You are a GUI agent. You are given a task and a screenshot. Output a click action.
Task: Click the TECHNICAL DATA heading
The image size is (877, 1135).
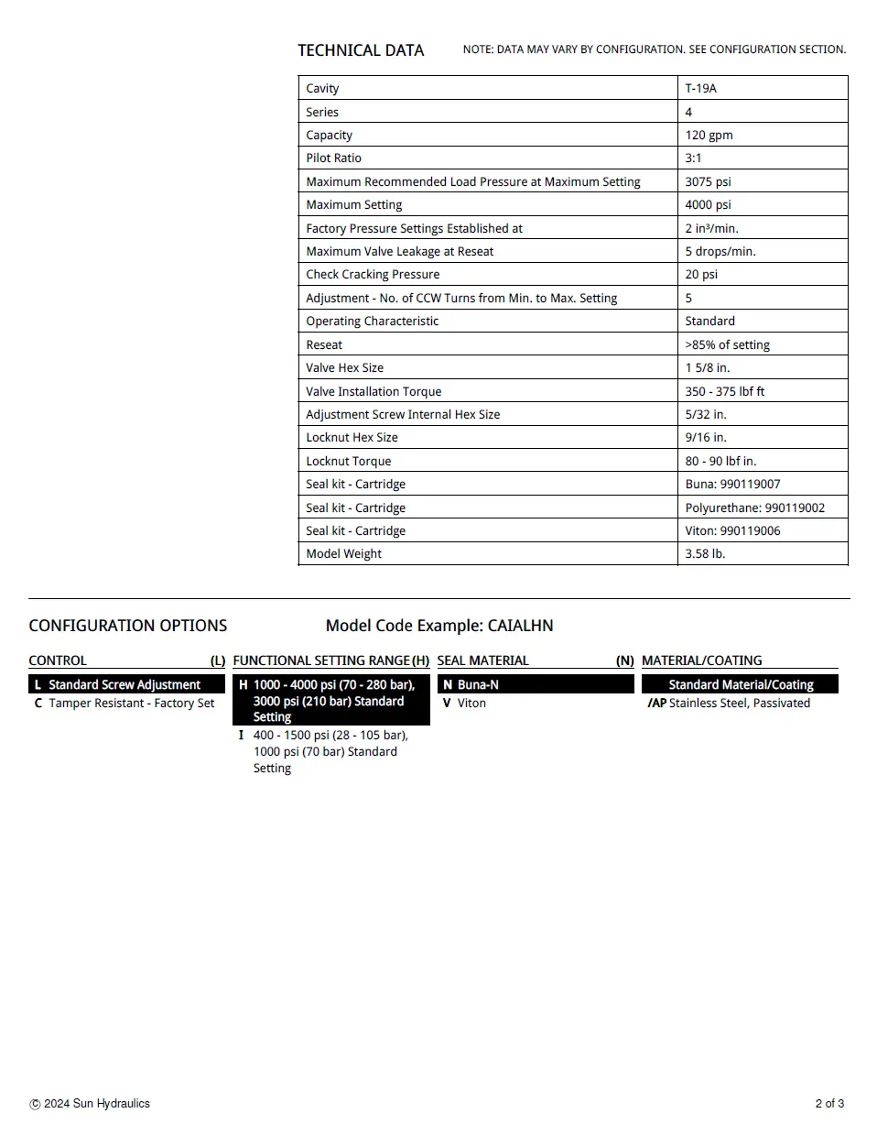[361, 50]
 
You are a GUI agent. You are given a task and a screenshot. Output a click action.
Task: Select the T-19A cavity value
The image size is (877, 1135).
[700, 89]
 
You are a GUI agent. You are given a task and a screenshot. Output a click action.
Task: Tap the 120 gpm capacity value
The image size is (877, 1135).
[709, 136]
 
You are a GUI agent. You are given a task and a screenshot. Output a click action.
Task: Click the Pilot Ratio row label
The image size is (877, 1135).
[333, 158]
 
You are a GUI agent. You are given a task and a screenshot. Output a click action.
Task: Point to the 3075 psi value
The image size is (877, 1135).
[708, 182]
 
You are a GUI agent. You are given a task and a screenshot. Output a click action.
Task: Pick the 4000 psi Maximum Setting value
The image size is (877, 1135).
[708, 205]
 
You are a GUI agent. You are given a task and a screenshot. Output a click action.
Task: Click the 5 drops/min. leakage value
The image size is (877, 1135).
[720, 252]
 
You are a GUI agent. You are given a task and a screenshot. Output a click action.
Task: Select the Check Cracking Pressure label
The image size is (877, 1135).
[373, 275]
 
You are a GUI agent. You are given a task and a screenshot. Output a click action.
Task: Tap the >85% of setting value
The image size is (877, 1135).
[727, 345]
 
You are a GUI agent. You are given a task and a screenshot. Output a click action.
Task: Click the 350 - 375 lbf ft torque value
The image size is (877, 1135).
[724, 392]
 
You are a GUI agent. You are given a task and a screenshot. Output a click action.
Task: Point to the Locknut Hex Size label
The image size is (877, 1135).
[352, 438]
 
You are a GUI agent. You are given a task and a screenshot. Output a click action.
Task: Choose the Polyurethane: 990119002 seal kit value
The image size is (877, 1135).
[754, 508]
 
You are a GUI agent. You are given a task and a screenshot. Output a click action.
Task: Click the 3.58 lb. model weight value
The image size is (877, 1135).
[705, 554]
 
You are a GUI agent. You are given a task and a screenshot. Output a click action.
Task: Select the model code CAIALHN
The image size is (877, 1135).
[520, 627]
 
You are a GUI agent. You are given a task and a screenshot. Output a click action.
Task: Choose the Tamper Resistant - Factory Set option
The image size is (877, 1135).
[131, 704]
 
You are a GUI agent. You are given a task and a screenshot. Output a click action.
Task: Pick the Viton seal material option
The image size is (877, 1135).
[471, 704]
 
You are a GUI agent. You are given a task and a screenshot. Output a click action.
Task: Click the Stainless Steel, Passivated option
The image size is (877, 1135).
[739, 704]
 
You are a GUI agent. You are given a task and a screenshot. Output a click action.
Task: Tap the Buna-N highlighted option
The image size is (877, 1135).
[478, 685]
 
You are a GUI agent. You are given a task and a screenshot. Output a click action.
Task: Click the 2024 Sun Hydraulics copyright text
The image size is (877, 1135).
[96, 1104]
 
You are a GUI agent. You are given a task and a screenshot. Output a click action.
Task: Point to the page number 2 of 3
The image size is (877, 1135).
[829, 1104]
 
